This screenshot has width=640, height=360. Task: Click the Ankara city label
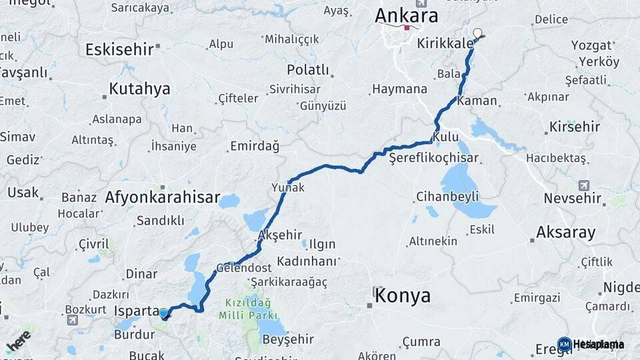coord(406,15)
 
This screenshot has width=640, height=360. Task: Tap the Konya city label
coord(403,295)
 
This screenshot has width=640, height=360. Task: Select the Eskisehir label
coord(119,49)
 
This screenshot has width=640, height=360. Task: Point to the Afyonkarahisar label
coord(162,197)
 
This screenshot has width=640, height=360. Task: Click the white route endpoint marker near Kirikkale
coord(477,33)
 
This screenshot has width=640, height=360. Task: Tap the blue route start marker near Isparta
coord(163,313)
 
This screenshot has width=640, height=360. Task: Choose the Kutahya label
coord(139,89)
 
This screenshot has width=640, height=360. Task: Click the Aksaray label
coord(566,233)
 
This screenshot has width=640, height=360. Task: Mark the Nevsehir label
coord(573,198)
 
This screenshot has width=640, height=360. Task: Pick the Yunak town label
coord(288,188)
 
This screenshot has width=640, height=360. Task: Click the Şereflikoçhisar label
coord(425,158)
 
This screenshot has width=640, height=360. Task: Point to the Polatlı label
coord(308,70)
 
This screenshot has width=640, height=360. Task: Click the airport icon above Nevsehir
coord(585,185)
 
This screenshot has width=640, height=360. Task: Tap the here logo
coord(18,341)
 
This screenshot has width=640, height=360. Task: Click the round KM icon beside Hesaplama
coord(564,344)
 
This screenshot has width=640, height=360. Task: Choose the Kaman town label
coord(478,101)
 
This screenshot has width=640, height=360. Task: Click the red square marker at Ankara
coord(406,28)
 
